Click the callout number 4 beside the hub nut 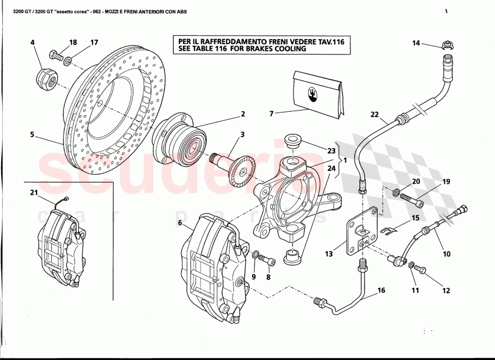click(32, 43)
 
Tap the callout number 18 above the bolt click(73, 43)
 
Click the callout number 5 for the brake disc click(32, 134)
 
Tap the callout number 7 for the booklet click(271, 114)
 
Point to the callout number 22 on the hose click(375, 114)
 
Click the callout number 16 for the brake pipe click(381, 290)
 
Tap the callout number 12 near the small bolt click(446, 291)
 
